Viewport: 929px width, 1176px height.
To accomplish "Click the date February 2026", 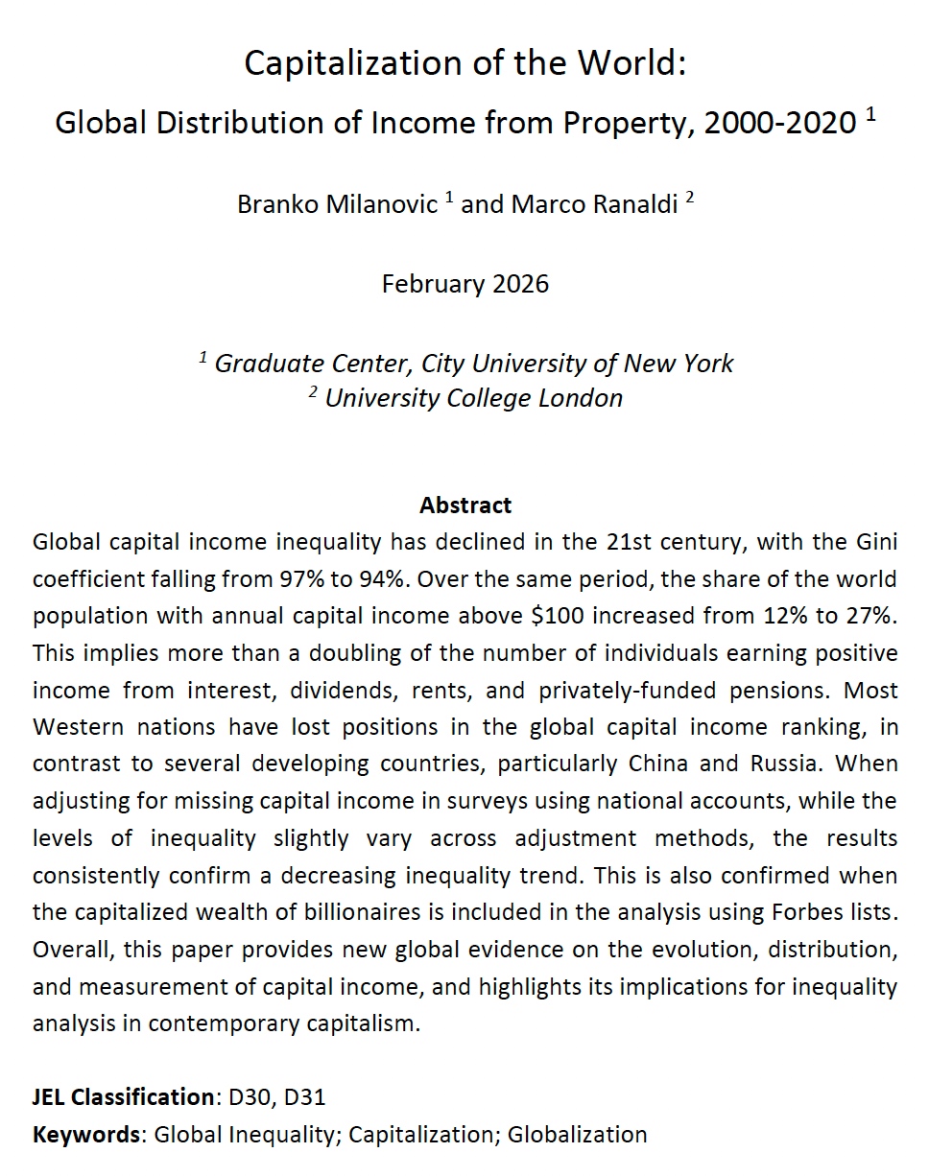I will [465, 284].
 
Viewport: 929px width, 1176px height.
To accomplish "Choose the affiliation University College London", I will [474, 397].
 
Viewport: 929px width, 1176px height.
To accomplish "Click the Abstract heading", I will [465, 505].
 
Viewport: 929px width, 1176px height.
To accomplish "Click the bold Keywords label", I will [86, 1135].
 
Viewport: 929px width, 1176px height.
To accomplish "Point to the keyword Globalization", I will [578, 1135].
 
